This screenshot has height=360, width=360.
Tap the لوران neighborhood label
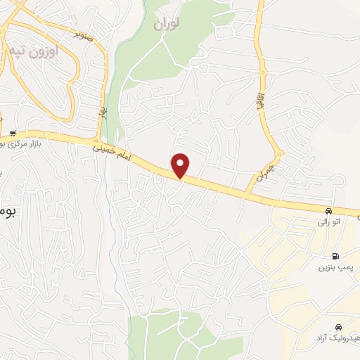click(x=166, y=23)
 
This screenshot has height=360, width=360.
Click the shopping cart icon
click(x=13, y=134)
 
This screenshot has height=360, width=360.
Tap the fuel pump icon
click(x=334, y=257)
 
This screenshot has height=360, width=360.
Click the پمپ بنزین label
click(x=333, y=268)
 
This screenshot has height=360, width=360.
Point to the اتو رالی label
click(x=328, y=222)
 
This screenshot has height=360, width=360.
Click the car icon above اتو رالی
click(x=328, y=211)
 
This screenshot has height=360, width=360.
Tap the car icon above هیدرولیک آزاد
click(x=339, y=328)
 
